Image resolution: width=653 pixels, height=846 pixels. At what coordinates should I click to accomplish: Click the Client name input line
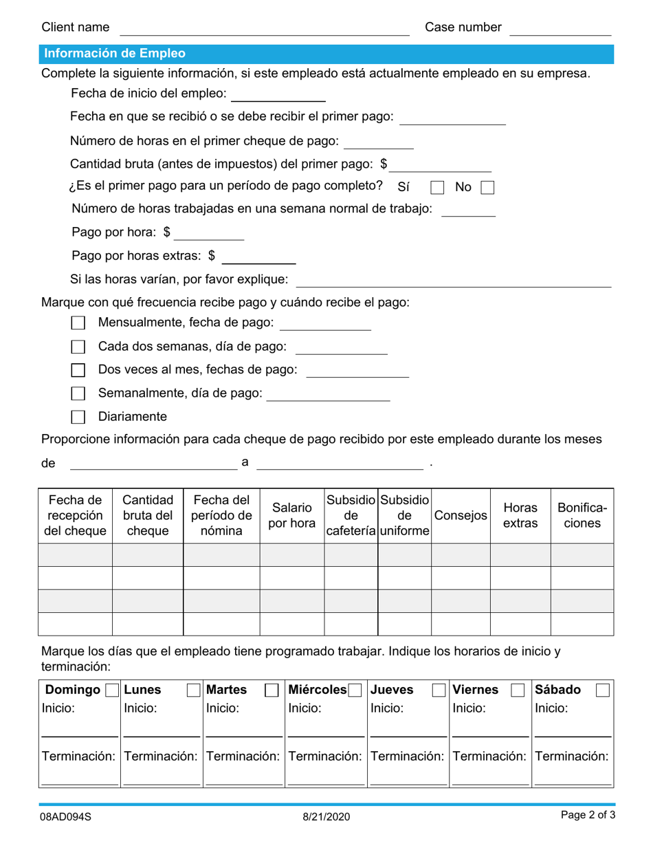click(265, 29)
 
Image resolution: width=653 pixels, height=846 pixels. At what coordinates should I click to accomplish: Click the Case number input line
click(560, 29)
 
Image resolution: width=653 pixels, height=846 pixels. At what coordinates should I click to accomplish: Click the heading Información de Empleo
click(114, 54)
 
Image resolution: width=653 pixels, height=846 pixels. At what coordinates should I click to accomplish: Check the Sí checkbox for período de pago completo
click(437, 188)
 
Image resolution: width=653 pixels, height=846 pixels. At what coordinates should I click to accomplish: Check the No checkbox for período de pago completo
click(487, 188)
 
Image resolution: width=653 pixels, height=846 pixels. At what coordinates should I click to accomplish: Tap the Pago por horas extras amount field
click(258, 257)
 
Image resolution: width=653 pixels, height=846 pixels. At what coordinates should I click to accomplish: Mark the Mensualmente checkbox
click(78, 323)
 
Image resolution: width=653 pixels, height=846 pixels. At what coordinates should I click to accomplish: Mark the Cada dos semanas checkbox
click(78, 347)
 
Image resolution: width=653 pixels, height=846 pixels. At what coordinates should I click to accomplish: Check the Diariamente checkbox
click(78, 417)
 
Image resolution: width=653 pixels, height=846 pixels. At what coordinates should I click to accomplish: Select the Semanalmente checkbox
click(78, 393)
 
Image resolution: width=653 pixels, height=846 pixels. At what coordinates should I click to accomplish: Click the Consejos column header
click(461, 516)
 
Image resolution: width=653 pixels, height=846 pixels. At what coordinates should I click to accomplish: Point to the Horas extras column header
click(520, 516)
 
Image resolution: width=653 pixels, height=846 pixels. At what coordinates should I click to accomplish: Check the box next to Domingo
click(112, 691)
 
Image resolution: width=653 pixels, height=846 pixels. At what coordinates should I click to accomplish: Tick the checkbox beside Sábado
click(602, 691)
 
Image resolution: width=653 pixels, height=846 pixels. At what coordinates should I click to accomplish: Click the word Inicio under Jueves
click(386, 708)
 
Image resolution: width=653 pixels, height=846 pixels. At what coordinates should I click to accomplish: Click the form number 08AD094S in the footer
click(66, 816)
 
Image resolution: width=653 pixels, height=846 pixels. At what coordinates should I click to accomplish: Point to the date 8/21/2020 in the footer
click(326, 816)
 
